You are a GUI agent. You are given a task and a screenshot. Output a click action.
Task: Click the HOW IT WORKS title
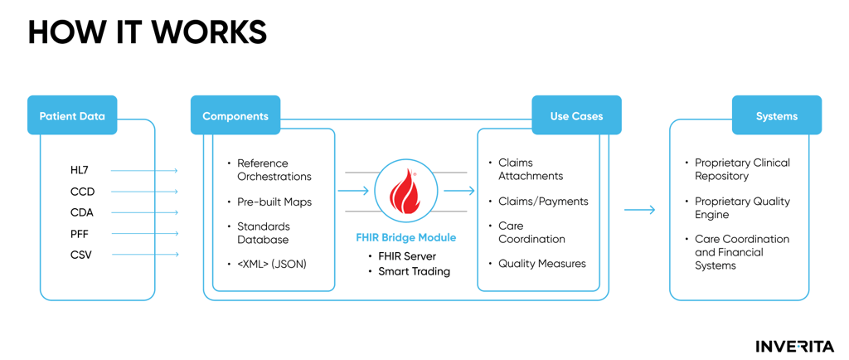(148, 32)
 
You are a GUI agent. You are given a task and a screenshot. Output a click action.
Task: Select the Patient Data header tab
(72, 116)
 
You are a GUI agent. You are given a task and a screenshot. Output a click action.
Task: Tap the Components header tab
(235, 116)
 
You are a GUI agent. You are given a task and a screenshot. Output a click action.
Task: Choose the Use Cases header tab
(576, 116)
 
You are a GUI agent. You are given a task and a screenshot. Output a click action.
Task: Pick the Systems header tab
(776, 116)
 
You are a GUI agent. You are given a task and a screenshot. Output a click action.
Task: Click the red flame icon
(405, 192)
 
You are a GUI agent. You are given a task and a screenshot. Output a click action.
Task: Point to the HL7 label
(80, 171)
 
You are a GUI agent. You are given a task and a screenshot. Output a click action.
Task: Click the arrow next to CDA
(144, 213)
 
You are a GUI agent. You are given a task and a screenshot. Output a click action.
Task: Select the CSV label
(81, 255)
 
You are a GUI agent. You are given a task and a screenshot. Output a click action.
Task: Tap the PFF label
(80, 235)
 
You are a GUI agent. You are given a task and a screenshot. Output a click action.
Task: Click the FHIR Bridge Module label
(405, 238)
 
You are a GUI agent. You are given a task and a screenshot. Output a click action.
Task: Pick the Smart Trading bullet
(414, 271)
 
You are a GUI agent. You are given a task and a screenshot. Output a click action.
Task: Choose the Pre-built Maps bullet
(274, 202)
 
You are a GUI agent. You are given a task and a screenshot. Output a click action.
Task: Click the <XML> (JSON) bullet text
(272, 264)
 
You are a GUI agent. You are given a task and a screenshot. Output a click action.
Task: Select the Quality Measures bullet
(541, 264)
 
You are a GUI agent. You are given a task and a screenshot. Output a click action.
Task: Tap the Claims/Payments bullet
(543, 202)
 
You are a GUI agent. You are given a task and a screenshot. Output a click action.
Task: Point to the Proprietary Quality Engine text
(741, 207)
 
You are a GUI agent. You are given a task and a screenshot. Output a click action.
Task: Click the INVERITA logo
(793, 346)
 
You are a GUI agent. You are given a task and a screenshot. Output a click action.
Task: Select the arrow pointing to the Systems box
(639, 211)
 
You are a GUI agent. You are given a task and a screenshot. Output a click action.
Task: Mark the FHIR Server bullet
(407, 256)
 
